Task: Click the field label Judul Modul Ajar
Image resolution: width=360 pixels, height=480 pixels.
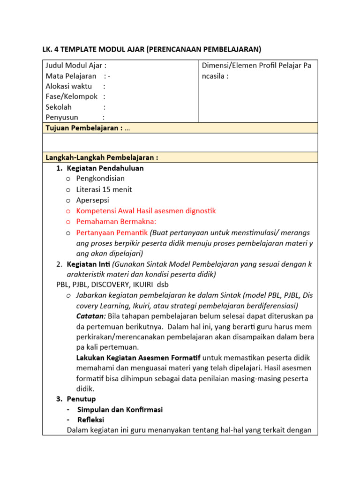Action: (x=75, y=66)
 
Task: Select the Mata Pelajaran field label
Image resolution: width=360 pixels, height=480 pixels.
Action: (x=71, y=76)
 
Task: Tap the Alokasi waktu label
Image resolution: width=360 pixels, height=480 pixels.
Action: (x=68, y=86)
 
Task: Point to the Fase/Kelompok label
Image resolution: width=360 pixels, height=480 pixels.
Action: (x=71, y=97)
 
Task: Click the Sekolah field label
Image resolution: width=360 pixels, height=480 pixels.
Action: (x=59, y=107)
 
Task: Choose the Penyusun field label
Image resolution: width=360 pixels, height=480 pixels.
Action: (x=62, y=117)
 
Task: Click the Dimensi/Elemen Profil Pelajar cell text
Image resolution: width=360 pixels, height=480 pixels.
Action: (x=256, y=70)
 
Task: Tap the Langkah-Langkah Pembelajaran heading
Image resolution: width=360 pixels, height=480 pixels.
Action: (x=101, y=157)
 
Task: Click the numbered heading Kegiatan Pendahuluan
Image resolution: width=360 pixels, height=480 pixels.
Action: (x=105, y=168)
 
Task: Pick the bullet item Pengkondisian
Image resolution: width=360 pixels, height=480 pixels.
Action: (x=100, y=178)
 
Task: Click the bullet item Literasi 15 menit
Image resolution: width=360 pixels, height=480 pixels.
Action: (x=104, y=189)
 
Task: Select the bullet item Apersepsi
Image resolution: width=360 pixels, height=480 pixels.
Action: (x=92, y=200)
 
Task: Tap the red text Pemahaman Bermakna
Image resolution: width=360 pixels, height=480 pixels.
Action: (x=116, y=221)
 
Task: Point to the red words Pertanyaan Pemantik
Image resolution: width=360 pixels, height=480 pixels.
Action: (x=112, y=232)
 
